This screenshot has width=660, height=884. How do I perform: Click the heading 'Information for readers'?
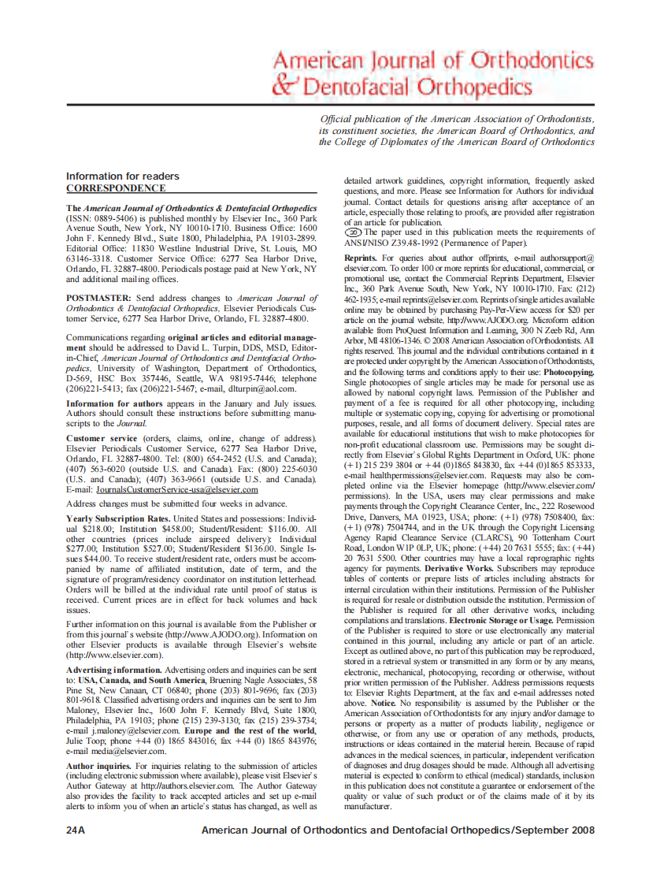[x=122, y=176]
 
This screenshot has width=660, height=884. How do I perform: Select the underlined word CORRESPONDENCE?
[x=116, y=188]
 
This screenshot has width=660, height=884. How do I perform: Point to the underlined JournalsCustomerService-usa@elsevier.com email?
[x=173, y=489]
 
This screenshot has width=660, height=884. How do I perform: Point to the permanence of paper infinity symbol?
[x=354, y=232]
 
